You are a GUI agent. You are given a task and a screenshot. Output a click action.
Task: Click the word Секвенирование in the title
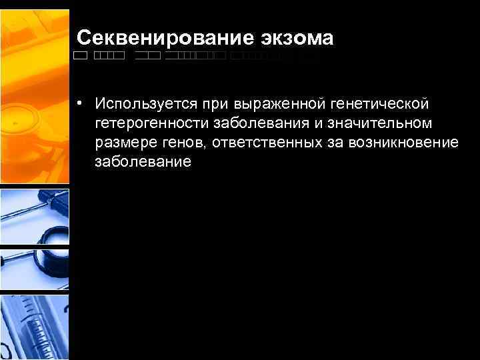pos(164,38)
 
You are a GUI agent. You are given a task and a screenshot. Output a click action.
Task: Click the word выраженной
pos(275,104)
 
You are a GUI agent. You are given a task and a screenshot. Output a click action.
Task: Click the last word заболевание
pos(143,162)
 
